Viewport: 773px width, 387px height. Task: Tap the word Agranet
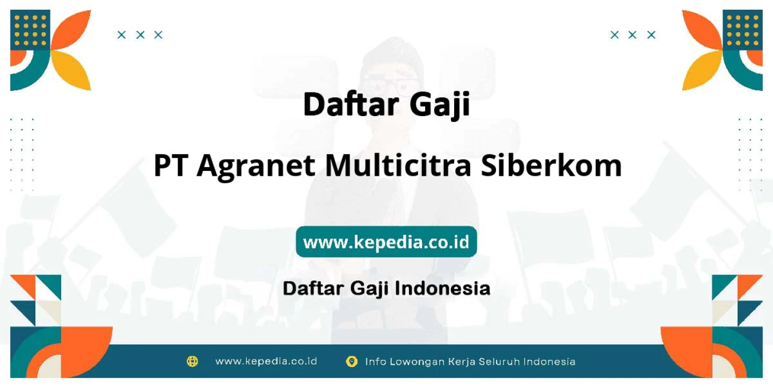[256, 167]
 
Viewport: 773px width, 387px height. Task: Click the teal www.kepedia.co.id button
[386, 241]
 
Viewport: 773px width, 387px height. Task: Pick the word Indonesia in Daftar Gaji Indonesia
[442, 288]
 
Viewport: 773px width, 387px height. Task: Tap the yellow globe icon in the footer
[192, 361]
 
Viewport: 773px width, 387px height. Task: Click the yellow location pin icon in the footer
[352, 361]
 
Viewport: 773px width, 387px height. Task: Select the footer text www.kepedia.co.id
[266, 361]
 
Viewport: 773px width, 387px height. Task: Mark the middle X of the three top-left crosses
[140, 35]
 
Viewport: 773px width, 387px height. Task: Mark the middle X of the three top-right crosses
[632, 35]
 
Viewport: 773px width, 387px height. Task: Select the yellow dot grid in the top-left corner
[31, 30]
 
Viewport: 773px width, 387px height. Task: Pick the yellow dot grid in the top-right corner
[742, 30]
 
